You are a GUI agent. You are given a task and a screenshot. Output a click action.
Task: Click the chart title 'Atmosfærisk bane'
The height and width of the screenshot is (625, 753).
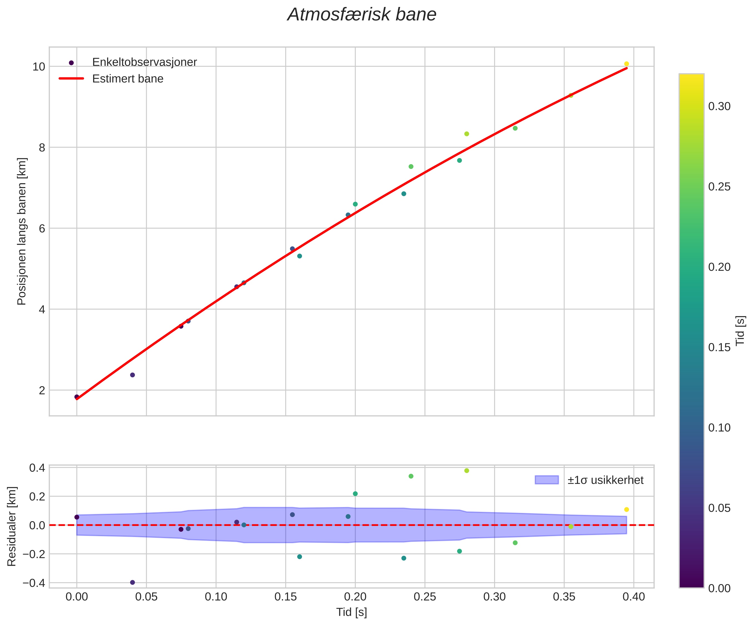tap(362, 15)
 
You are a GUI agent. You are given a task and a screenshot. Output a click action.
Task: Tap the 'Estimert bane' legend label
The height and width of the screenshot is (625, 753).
tap(128, 79)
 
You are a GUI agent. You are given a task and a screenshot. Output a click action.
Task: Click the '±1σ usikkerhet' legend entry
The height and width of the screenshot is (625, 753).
tap(605, 480)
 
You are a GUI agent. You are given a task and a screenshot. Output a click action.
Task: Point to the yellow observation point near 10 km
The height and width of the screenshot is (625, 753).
tap(626, 64)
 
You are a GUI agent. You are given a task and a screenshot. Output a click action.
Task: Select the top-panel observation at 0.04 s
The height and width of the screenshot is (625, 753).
tap(132, 375)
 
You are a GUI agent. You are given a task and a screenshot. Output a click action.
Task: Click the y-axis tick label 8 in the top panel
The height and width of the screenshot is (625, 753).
tap(42, 147)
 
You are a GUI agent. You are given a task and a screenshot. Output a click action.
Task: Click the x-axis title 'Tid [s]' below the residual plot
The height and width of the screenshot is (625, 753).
tap(351, 612)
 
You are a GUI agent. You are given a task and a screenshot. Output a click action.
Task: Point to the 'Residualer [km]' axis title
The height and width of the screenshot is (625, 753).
tap(12, 526)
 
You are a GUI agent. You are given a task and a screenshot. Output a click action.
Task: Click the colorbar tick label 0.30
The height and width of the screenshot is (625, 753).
tap(719, 107)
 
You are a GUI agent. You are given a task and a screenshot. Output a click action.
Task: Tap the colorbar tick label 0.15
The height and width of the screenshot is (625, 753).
tap(719, 348)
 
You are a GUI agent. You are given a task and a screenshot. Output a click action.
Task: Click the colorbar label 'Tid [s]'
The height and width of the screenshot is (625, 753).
tap(740, 330)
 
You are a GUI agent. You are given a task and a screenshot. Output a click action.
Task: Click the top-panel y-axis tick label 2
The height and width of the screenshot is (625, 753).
tap(42, 390)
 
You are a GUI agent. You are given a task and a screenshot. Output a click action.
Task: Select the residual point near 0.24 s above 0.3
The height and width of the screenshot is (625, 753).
tap(411, 476)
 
